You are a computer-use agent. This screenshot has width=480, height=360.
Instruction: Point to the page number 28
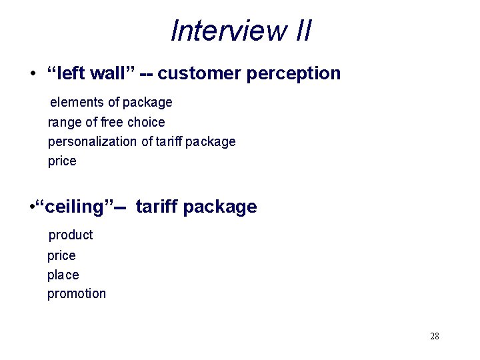[x=435, y=336]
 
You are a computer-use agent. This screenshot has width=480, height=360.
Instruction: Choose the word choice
[x=146, y=122]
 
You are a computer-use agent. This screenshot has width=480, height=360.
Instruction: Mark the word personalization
[x=92, y=141]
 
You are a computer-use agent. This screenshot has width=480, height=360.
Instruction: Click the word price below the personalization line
[x=62, y=161]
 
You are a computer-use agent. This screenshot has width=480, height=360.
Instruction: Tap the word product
[x=71, y=235]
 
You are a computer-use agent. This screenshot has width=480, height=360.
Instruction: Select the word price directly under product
[x=61, y=256]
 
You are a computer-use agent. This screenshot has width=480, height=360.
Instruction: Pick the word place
[x=63, y=275]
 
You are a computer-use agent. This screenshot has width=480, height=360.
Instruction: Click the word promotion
[x=76, y=293]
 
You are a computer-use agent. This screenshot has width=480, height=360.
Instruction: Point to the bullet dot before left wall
[x=33, y=73]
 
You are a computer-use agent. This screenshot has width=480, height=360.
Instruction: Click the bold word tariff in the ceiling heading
[x=157, y=207]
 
